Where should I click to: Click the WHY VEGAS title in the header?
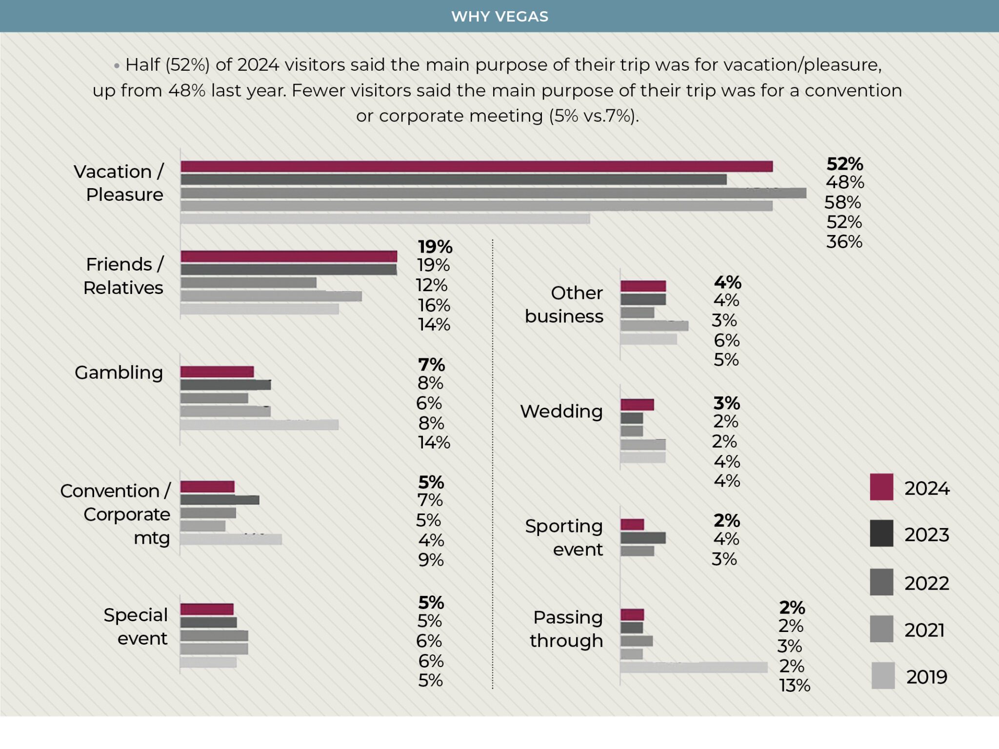point(499,17)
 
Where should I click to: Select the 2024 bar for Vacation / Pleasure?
point(476,166)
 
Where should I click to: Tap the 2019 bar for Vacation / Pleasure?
point(385,218)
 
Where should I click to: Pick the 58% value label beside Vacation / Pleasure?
point(842,202)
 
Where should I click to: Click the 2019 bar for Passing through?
point(694,667)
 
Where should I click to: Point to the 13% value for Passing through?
point(794,686)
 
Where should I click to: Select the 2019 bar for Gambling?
point(259,425)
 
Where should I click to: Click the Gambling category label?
point(119,373)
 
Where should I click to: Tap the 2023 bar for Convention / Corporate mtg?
point(220,500)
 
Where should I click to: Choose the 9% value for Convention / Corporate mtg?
point(431,560)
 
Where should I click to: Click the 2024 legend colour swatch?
point(881,487)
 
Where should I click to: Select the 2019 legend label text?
point(927,677)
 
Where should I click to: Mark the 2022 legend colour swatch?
point(881,582)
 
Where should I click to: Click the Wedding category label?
point(561,411)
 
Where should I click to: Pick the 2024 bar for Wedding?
point(637,405)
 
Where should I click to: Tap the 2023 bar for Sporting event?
point(643,538)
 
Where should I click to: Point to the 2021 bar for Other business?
point(654,326)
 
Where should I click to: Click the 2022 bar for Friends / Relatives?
point(248,283)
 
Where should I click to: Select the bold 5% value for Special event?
point(431,603)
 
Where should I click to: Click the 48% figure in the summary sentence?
point(187,91)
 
